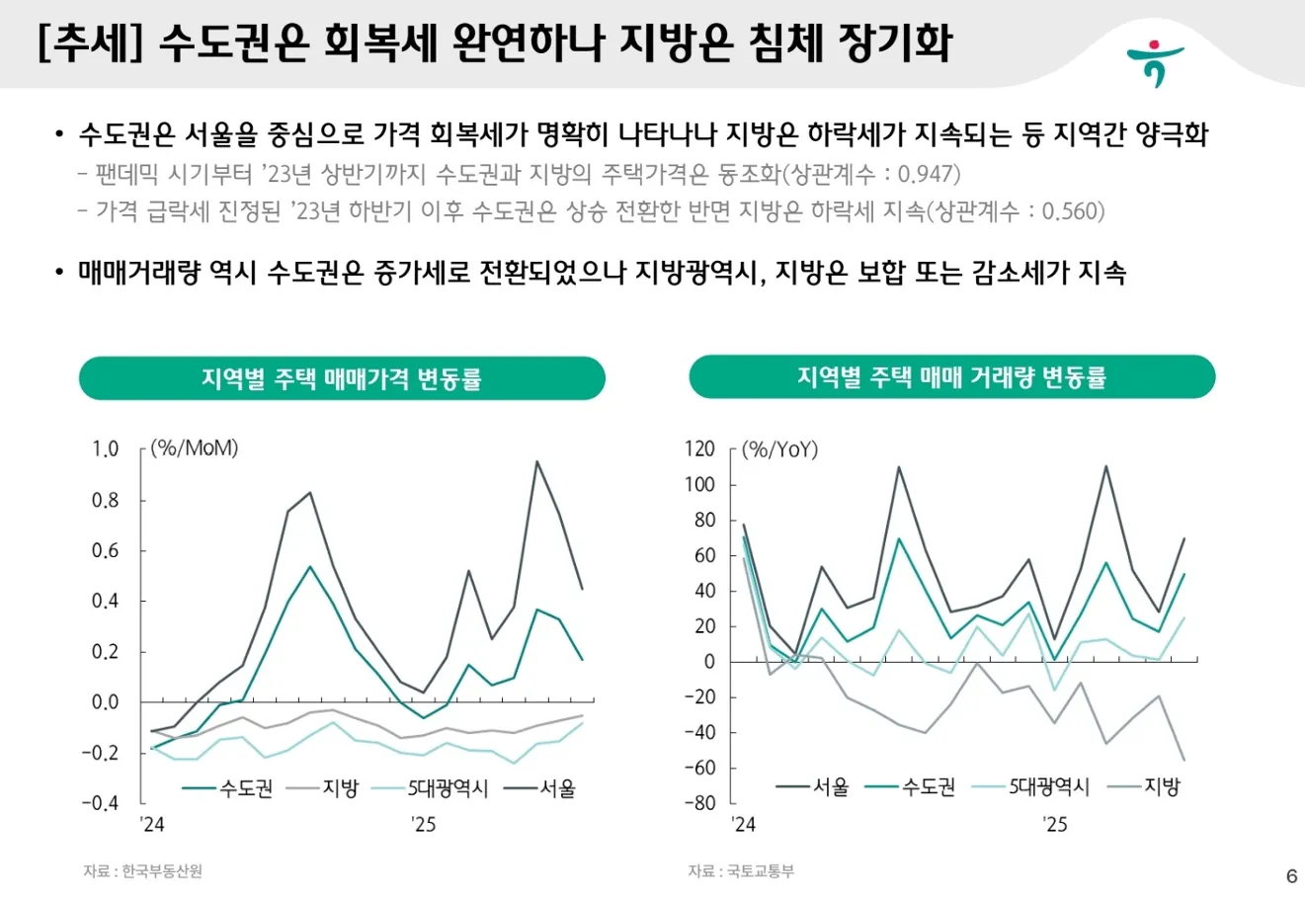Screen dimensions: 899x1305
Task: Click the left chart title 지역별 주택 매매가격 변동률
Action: [342, 378]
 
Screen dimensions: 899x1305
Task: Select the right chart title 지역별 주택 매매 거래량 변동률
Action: [951, 376]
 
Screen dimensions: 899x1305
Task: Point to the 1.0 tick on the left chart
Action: [106, 449]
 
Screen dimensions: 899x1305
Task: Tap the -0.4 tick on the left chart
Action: [100, 803]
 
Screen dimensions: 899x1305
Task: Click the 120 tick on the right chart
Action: [699, 449]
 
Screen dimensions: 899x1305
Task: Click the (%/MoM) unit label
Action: [195, 449]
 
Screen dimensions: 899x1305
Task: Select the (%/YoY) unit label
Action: [780, 449]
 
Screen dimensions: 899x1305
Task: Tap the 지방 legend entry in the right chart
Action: [1161, 787]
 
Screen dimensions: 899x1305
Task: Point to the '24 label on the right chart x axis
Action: [742, 824]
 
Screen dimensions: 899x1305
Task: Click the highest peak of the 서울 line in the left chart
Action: [536, 461]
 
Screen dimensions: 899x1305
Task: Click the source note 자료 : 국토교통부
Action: [741, 871]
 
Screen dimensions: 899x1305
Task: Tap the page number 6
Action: [1291, 875]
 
